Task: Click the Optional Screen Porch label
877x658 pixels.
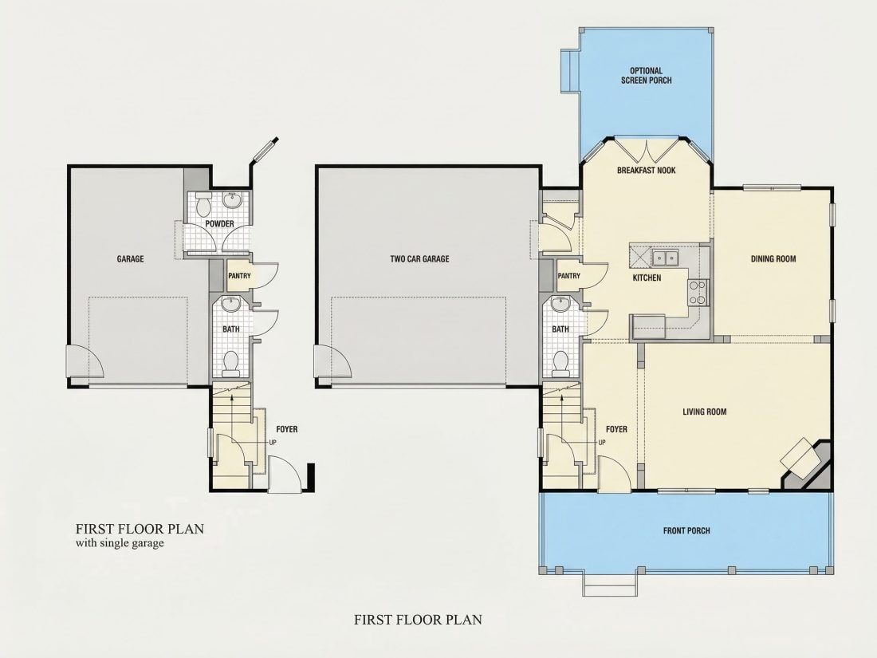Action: pyautogui.click(x=646, y=76)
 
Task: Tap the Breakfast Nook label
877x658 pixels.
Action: pyautogui.click(x=646, y=170)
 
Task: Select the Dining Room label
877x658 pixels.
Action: pyautogui.click(x=773, y=258)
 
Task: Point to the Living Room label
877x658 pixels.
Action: pyautogui.click(x=704, y=412)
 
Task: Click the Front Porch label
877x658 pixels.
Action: pyautogui.click(x=686, y=530)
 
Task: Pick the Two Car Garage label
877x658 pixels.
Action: pyautogui.click(x=419, y=258)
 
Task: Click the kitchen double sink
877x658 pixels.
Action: pyautogui.click(x=665, y=258)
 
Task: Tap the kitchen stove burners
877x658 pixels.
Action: pyautogui.click(x=698, y=293)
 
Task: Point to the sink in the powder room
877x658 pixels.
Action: pyautogui.click(x=231, y=200)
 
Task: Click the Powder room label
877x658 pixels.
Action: pyautogui.click(x=219, y=224)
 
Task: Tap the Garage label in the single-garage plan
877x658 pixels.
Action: pyautogui.click(x=130, y=258)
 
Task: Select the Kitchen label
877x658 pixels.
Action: pyautogui.click(x=647, y=278)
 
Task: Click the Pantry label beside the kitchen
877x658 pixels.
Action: pyautogui.click(x=568, y=276)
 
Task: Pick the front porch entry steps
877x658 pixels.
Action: pyautogui.click(x=609, y=584)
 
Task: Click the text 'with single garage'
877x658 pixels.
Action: pyautogui.click(x=120, y=542)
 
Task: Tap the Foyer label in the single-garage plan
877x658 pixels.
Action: pyautogui.click(x=287, y=429)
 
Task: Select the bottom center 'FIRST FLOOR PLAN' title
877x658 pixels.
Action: pyautogui.click(x=418, y=620)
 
